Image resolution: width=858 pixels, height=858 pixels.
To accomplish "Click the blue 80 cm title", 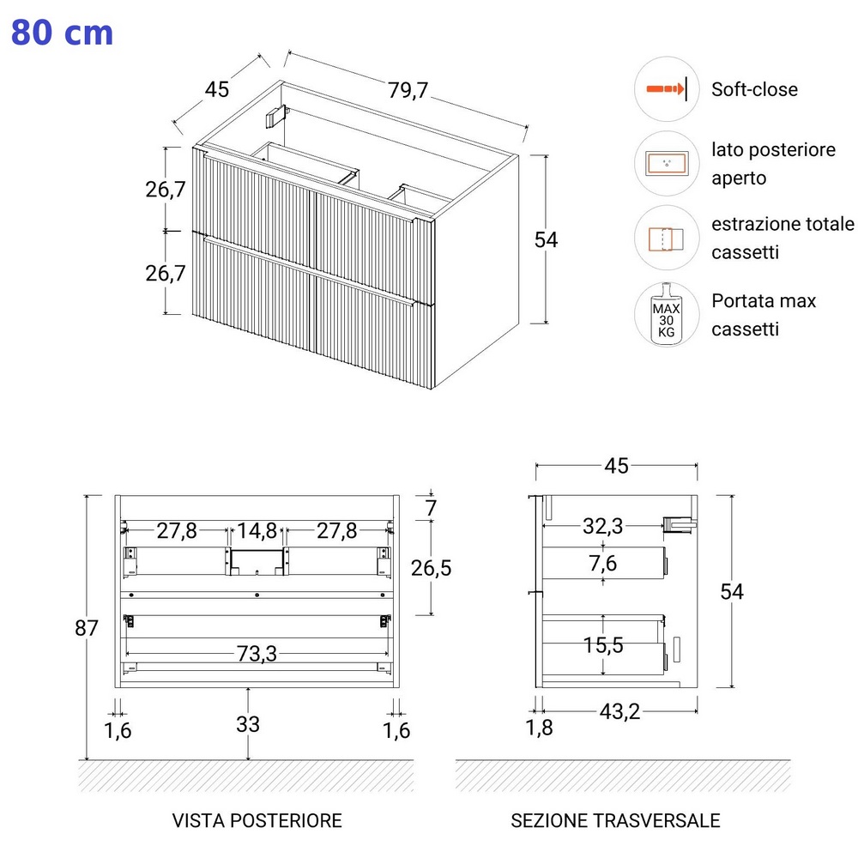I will tap(62, 33).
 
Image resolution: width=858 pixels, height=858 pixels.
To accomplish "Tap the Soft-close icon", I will tap(667, 89).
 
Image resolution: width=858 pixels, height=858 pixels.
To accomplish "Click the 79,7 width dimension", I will tap(408, 90).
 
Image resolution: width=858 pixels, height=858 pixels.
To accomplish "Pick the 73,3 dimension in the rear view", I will tap(257, 654).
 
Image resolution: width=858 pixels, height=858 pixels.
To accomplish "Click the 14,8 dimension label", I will tap(257, 531).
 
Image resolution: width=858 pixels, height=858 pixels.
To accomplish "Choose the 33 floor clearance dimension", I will tap(248, 724).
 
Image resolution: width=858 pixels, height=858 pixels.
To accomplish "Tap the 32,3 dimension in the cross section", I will tap(603, 526).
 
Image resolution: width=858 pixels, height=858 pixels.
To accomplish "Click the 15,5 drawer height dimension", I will tap(603, 644).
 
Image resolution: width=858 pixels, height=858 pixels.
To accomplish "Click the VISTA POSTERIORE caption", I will tap(257, 821).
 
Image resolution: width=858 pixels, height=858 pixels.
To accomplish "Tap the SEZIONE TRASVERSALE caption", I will tap(615, 821).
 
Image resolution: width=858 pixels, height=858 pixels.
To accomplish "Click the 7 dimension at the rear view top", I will tap(432, 508).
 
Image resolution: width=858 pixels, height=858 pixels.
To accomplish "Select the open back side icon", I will tap(667, 164).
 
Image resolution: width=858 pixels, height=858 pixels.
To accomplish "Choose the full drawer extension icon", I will tap(667, 238).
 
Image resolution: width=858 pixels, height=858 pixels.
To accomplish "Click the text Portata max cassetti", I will tap(764, 315).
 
